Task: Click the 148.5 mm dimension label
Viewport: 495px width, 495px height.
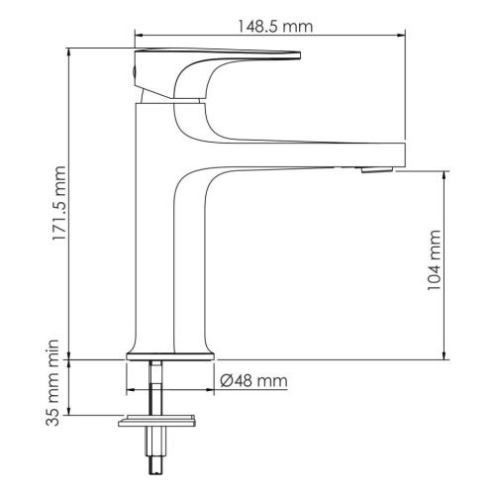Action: coord(275,26)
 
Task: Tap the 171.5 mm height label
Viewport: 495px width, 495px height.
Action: coord(60,203)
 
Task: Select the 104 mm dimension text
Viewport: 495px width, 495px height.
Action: coord(434,260)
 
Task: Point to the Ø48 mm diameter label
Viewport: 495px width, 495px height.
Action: coord(253,380)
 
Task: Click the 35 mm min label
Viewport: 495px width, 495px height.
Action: coord(52,382)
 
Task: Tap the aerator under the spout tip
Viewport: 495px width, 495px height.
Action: coord(377,170)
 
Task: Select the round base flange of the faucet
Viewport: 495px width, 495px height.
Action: coord(170,356)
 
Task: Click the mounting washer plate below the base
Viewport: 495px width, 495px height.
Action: coord(156,421)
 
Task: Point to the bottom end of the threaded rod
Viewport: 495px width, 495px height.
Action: coord(156,474)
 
